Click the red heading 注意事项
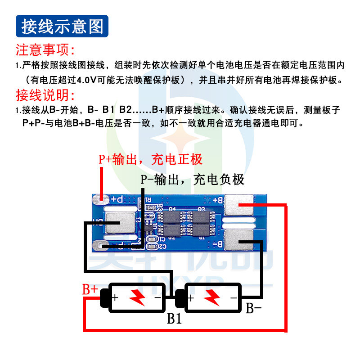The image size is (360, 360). [x=45, y=49]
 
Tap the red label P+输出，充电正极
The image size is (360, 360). [x=151, y=159]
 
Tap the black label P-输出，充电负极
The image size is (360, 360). [x=193, y=180]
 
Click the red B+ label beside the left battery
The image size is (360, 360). [x=90, y=289]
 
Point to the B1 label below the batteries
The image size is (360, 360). [x=174, y=319]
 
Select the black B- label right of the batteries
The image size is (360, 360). [x=253, y=308]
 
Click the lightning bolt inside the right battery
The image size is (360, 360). [x=211, y=297]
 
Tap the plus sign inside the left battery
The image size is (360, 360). [x=115, y=297]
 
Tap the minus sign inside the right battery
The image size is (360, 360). [x=233, y=297]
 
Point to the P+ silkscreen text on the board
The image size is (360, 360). [x=117, y=198]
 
